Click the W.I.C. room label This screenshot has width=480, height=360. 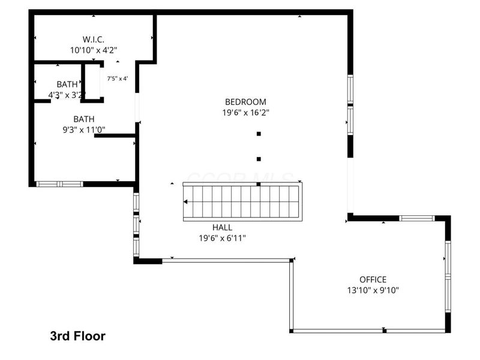pyautogui.click(x=93, y=40)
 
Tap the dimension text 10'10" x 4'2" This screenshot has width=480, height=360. pyautogui.click(x=93, y=50)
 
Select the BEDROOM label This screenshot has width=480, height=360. pyautogui.click(x=245, y=102)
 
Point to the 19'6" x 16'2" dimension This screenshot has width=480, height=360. pyautogui.click(x=245, y=113)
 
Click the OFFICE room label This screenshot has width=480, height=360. pyautogui.click(x=373, y=280)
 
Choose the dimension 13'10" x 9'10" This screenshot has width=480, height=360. pyautogui.click(x=373, y=290)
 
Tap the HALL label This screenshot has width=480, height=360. pyautogui.click(x=222, y=227)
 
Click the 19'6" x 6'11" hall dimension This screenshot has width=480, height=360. pyautogui.click(x=222, y=238)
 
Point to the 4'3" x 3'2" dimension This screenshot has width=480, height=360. pyautogui.click(x=67, y=94)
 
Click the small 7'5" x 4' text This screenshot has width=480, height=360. pyautogui.click(x=118, y=79)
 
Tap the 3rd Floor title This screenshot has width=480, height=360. pyautogui.click(x=77, y=336)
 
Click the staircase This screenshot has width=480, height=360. pyautogui.click(x=241, y=202)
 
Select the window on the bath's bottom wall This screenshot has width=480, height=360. pyautogui.click(x=59, y=184)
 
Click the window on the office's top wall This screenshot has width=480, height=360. pyautogui.click(x=416, y=218)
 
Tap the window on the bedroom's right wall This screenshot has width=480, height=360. pyautogui.click(x=349, y=106)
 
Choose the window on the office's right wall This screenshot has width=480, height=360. pyautogui.click(x=447, y=276)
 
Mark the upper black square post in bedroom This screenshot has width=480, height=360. pyautogui.click(x=259, y=134)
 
